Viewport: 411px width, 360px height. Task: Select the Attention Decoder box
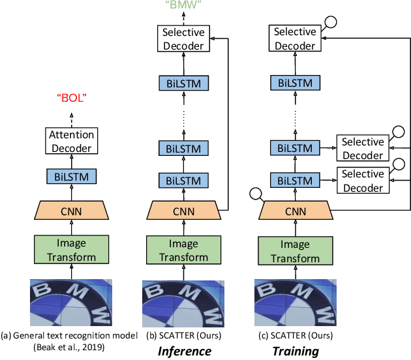click(71, 141)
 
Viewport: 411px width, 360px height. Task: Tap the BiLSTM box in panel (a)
click(71, 175)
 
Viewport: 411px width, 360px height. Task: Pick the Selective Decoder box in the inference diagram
click(183, 39)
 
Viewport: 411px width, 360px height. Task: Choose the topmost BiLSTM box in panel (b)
click(183, 83)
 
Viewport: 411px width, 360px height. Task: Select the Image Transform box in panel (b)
click(183, 250)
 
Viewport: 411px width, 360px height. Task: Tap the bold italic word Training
click(296, 351)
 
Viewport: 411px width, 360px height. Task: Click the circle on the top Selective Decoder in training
click(330, 23)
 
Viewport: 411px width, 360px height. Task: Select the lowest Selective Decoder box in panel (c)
click(363, 181)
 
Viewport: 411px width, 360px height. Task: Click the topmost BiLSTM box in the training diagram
click(296, 83)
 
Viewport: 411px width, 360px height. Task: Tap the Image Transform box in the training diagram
click(296, 250)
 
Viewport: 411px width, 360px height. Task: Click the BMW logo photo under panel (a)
click(71, 303)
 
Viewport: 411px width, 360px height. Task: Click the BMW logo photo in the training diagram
click(296, 303)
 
